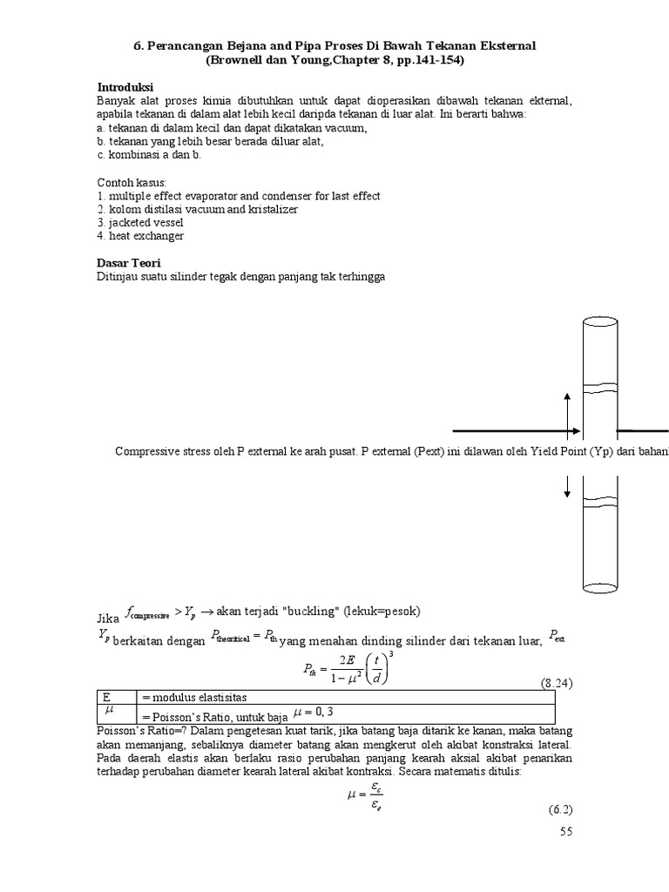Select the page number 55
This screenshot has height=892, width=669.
[566, 832]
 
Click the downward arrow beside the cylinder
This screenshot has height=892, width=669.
[568, 486]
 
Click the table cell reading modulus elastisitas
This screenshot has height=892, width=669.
[193, 698]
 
